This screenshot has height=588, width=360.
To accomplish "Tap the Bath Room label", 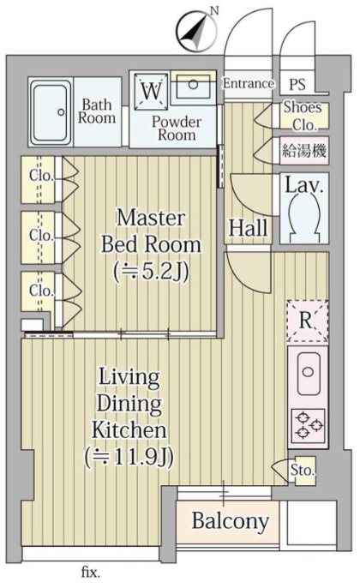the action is (96, 111).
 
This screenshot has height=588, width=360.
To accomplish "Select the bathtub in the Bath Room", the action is (51, 111).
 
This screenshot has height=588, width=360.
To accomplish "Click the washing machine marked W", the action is (152, 91).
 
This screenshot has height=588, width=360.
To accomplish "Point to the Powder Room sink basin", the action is (193, 85).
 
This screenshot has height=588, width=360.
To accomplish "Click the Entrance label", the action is (248, 83).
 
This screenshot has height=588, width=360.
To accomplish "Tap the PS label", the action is (297, 84).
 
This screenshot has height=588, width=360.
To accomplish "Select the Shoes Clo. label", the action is (303, 116).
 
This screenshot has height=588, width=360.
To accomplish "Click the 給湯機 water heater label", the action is (304, 151).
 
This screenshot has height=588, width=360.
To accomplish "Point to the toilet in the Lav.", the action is (304, 218).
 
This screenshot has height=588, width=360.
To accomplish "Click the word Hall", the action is (249, 227).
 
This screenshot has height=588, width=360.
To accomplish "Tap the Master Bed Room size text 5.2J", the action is (151, 271).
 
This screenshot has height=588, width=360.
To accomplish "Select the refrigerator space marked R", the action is (307, 321).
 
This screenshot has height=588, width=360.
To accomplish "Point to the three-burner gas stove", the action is (308, 426).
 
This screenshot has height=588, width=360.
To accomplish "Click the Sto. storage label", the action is (303, 470).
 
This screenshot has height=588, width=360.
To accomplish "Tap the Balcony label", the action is (231, 521).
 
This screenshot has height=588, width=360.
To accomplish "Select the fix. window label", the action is (90, 573).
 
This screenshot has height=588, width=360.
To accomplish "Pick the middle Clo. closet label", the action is (42, 236).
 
